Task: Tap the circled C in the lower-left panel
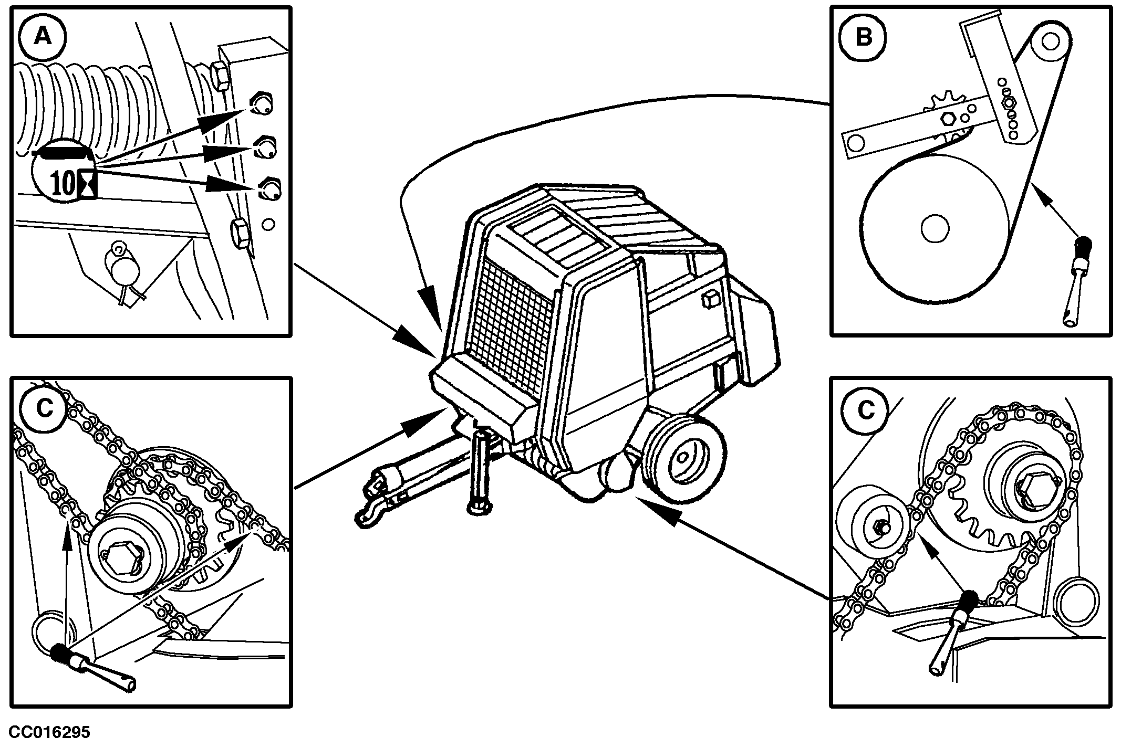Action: (x=45, y=408)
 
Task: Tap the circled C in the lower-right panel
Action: (x=865, y=410)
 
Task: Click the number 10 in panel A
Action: (x=64, y=184)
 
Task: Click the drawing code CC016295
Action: (x=49, y=732)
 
